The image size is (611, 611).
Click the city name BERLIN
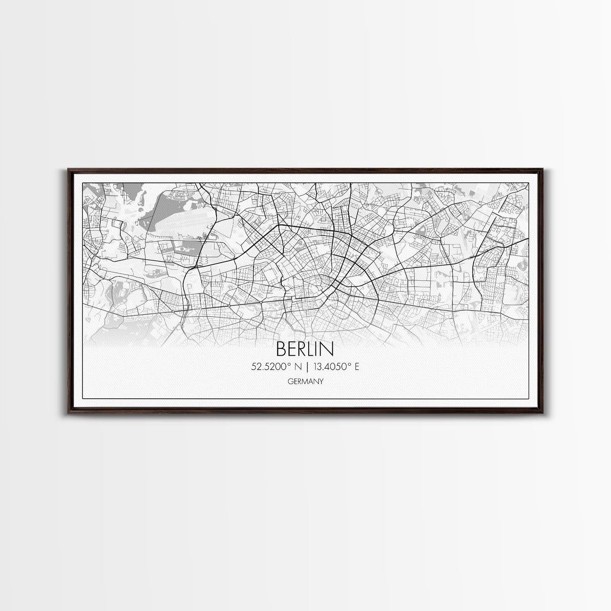tap(304, 349)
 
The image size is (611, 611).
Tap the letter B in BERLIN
tap(282, 349)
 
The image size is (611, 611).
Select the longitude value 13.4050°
tap(331, 367)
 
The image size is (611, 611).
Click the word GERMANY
tap(305, 381)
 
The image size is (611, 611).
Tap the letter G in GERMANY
tap(289, 381)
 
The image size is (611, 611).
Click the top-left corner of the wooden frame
tap(68, 170)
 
